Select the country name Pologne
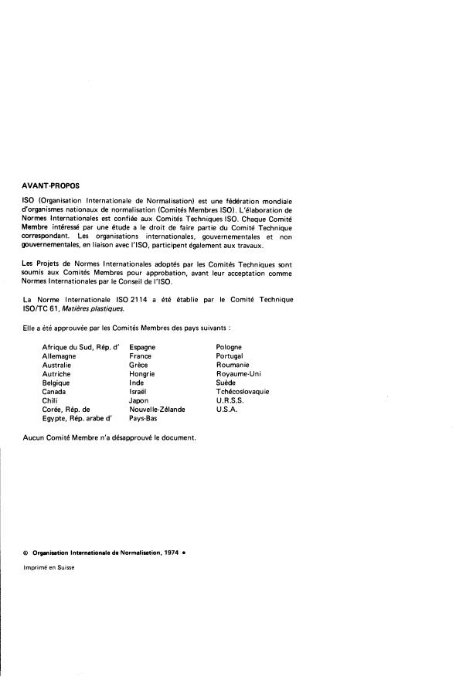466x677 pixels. (x=230, y=347)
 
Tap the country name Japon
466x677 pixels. (x=139, y=400)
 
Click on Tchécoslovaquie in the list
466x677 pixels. (x=243, y=392)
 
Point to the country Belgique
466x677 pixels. (x=56, y=383)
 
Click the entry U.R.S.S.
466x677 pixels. (x=231, y=400)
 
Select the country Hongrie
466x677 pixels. (x=141, y=374)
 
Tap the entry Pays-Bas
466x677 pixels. (x=142, y=418)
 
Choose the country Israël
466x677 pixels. (x=139, y=392)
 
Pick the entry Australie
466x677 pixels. (x=56, y=365)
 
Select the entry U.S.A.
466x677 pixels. (x=227, y=410)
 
